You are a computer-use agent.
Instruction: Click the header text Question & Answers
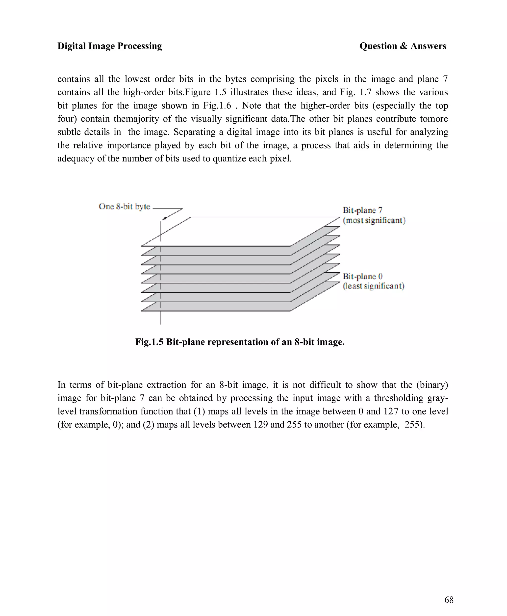pos(403,46)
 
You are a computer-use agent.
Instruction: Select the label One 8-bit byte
pos(125,206)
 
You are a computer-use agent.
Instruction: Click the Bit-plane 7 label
pos(362,210)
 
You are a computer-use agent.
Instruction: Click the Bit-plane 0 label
pos(362,276)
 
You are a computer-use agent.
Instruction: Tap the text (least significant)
pos(374,286)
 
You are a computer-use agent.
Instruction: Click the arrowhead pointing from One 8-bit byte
pos(164,218)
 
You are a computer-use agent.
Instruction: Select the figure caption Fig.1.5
pos(149,342)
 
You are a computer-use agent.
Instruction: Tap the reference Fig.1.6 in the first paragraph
pos(217,105)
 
